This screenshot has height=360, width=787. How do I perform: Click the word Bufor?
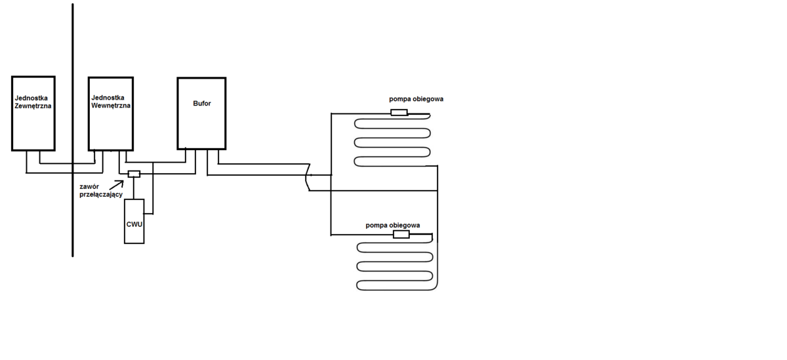202,103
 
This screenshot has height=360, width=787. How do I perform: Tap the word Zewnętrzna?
33,104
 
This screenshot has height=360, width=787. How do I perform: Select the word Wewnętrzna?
111,104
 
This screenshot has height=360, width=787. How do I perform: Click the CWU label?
134,224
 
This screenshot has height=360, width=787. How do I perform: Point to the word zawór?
89,186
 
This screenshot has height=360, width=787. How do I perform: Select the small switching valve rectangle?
134,174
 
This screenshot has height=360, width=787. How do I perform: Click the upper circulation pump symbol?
399,113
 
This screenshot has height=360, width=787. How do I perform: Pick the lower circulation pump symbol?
401,234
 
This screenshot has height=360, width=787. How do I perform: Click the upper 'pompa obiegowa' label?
416,99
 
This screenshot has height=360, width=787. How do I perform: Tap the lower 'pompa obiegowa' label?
393,225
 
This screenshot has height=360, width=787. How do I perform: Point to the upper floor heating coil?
392,142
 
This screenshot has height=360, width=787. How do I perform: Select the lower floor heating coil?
395,266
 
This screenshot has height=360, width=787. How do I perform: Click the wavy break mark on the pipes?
308,178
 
